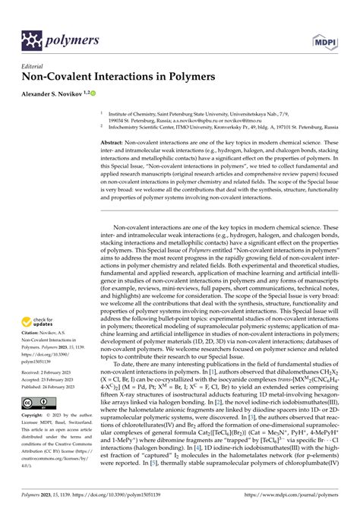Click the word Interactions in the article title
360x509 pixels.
138,77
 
